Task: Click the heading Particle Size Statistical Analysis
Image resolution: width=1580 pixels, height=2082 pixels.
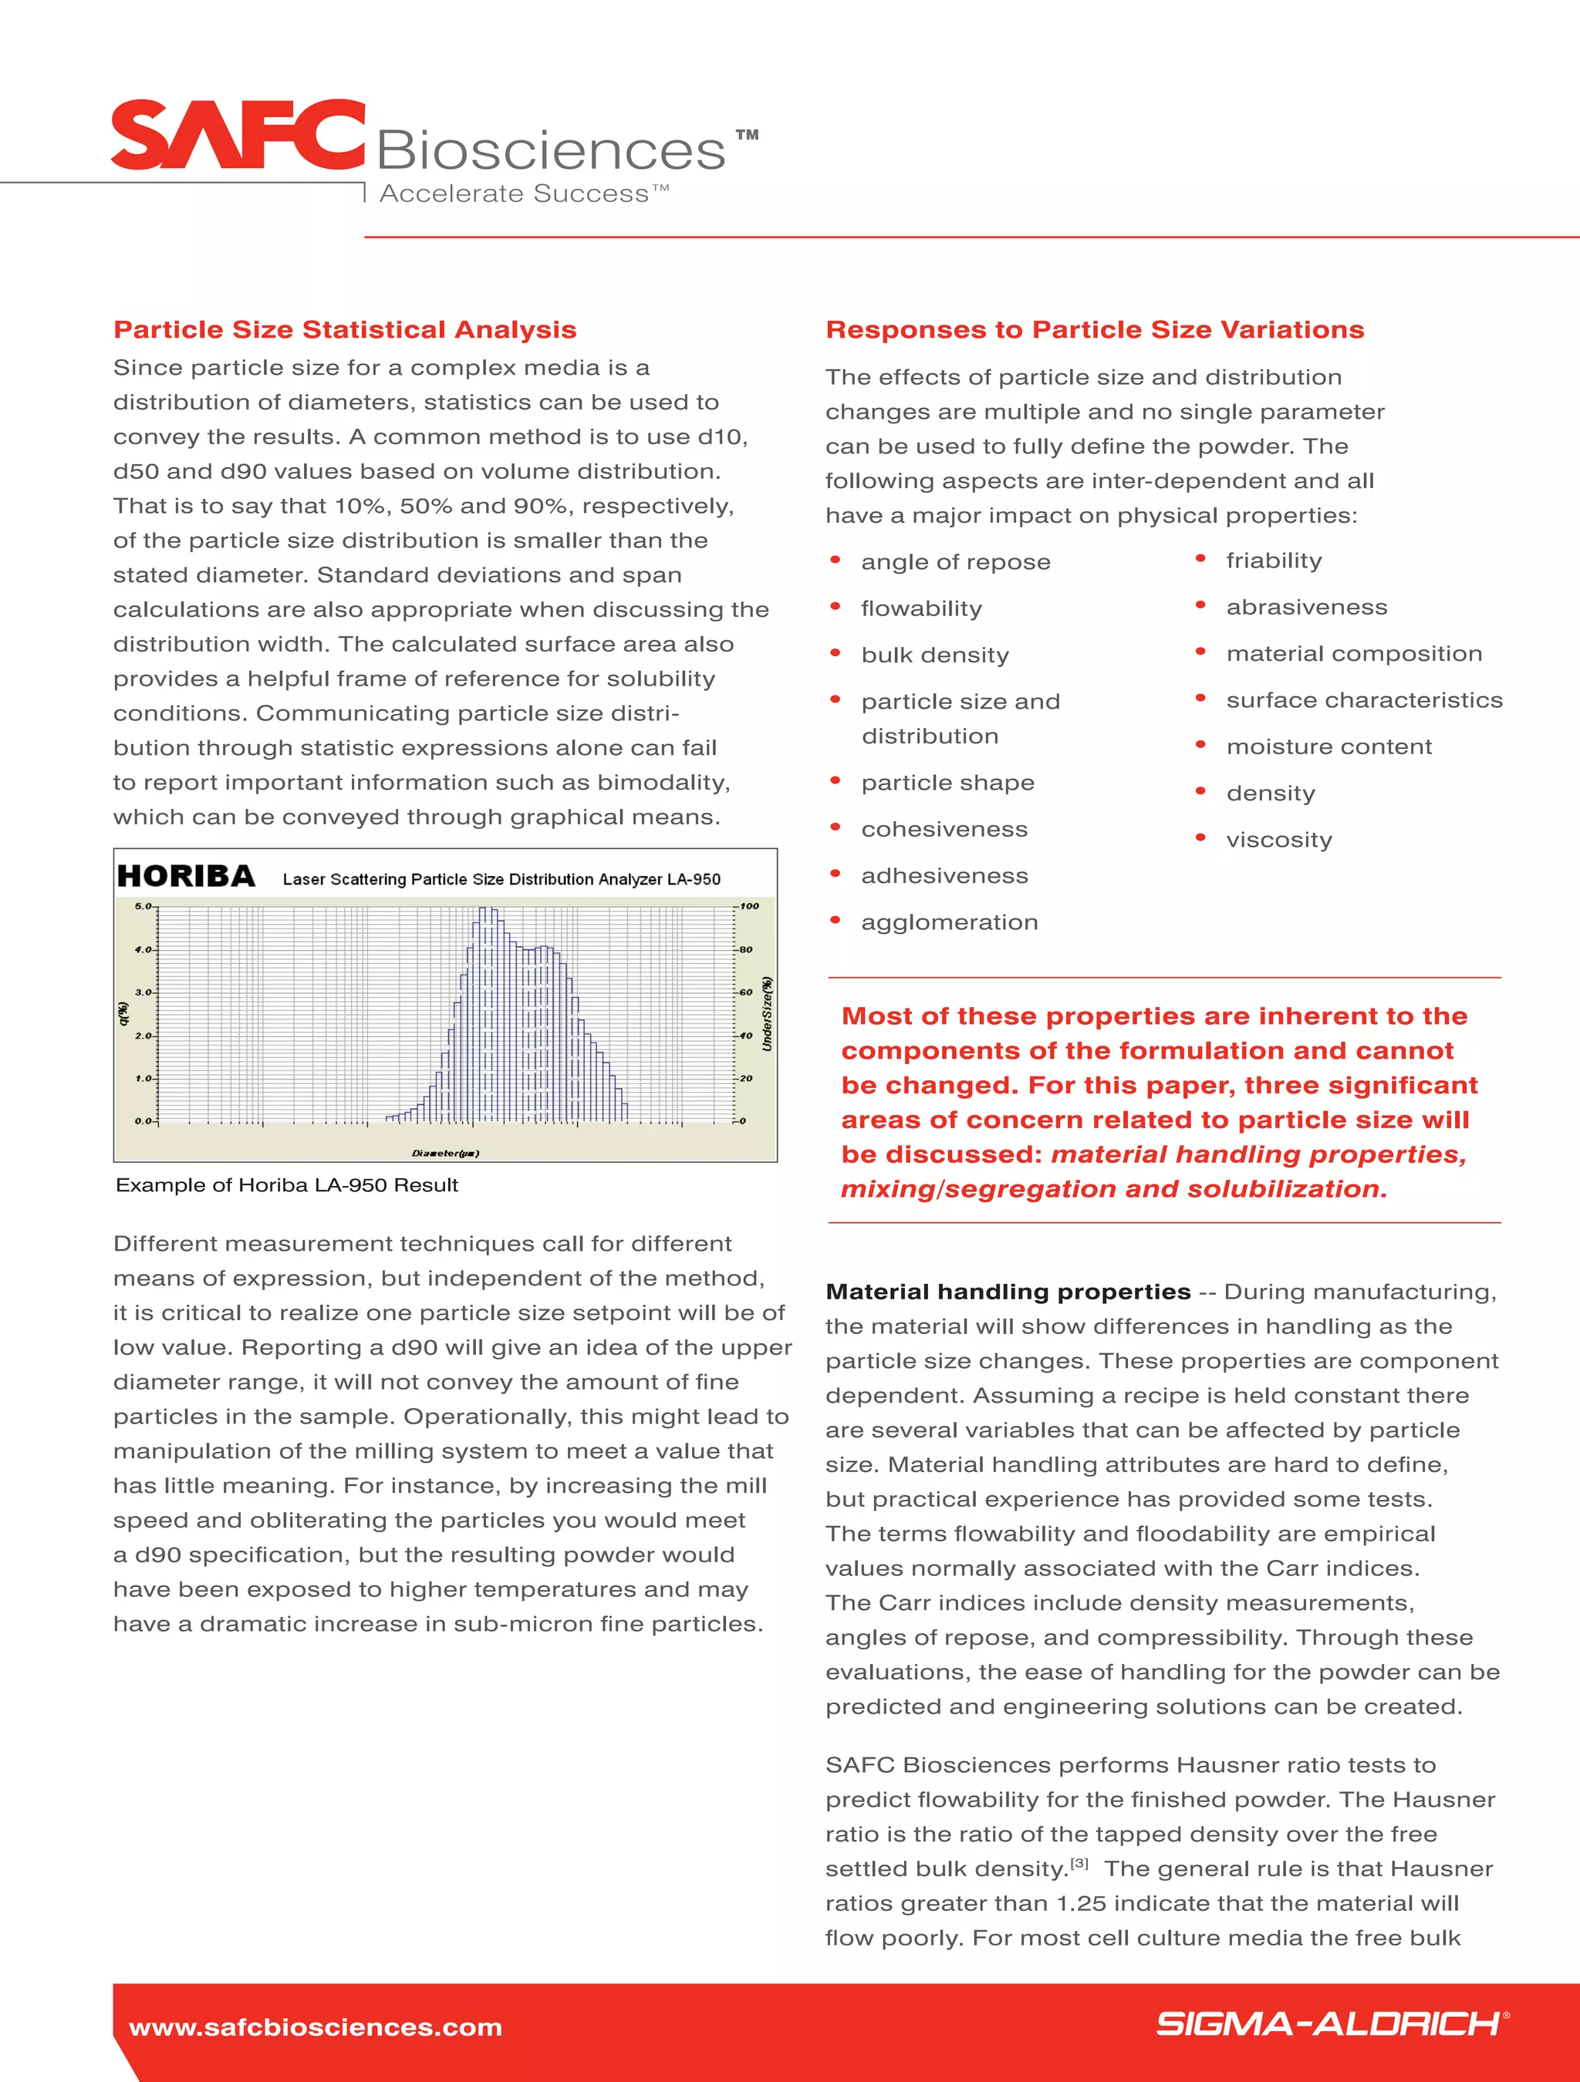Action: (345, 329)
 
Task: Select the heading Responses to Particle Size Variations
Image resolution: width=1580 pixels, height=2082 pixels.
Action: (1094, 329)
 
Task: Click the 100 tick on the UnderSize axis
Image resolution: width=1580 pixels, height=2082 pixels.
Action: (750, 906)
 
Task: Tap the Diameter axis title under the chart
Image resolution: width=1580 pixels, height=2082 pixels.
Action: (445, 1153)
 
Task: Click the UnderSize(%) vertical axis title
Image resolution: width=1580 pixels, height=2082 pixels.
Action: (768, 1014)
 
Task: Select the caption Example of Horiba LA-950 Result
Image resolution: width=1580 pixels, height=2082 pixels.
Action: (286, 1185)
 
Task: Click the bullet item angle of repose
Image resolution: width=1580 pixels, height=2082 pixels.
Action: (955, 562)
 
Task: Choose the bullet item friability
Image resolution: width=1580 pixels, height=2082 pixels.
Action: (1273, 561)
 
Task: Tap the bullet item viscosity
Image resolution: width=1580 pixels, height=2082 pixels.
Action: (1278, 840)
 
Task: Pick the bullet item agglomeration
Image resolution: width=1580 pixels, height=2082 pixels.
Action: (949, 922)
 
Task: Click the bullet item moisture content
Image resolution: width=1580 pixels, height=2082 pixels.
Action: (1328, 746)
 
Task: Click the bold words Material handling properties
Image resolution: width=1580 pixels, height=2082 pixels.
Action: (1008, 1292)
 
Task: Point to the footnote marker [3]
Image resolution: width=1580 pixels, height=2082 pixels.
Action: (1079, 1863)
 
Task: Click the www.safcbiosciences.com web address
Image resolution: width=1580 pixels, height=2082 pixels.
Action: (316, 2026)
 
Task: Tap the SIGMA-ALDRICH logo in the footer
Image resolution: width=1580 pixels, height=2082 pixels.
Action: (1328, 2023)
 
